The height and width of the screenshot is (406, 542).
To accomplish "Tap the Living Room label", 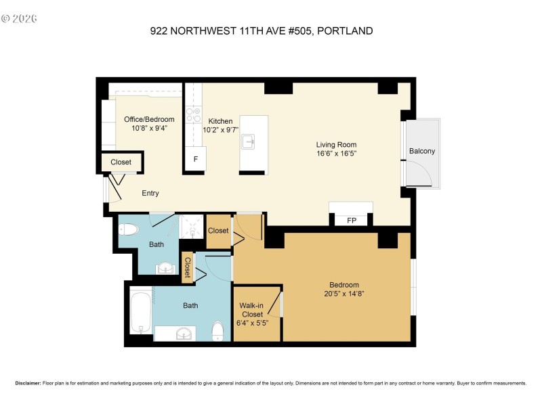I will click(x=336, y=144).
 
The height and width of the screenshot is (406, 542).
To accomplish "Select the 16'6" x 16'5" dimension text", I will click(x=336, y=154).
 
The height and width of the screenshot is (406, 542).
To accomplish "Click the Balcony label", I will click(x=422, y=151).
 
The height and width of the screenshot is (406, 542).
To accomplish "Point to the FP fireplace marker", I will click(x=352, y=221).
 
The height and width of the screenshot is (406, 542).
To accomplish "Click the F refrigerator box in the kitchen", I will click(x=196, y=159).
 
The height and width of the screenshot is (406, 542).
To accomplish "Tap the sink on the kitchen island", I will click(x=249, y=141).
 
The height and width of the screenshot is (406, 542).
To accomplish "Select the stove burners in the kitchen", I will click(x=192, y=114).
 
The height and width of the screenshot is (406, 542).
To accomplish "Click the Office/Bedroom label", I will click(x=149, y=119).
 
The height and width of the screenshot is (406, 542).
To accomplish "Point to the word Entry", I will click(x=150, y=194).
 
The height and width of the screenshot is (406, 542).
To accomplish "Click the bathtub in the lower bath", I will click(x=140, y=312).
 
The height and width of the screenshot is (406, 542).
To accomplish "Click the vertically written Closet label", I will click(x=188, y=267).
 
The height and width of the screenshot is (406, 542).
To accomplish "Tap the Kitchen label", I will click(x=221, y=120).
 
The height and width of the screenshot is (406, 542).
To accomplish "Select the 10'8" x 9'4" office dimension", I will click(x=149, y=128).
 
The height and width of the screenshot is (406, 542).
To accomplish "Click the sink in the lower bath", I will click(x=180, y=333).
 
